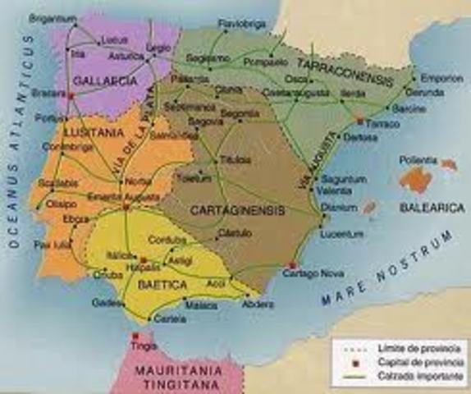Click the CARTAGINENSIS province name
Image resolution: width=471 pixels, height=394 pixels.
point(237,210)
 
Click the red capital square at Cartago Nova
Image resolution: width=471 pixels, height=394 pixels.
point(293,264)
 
